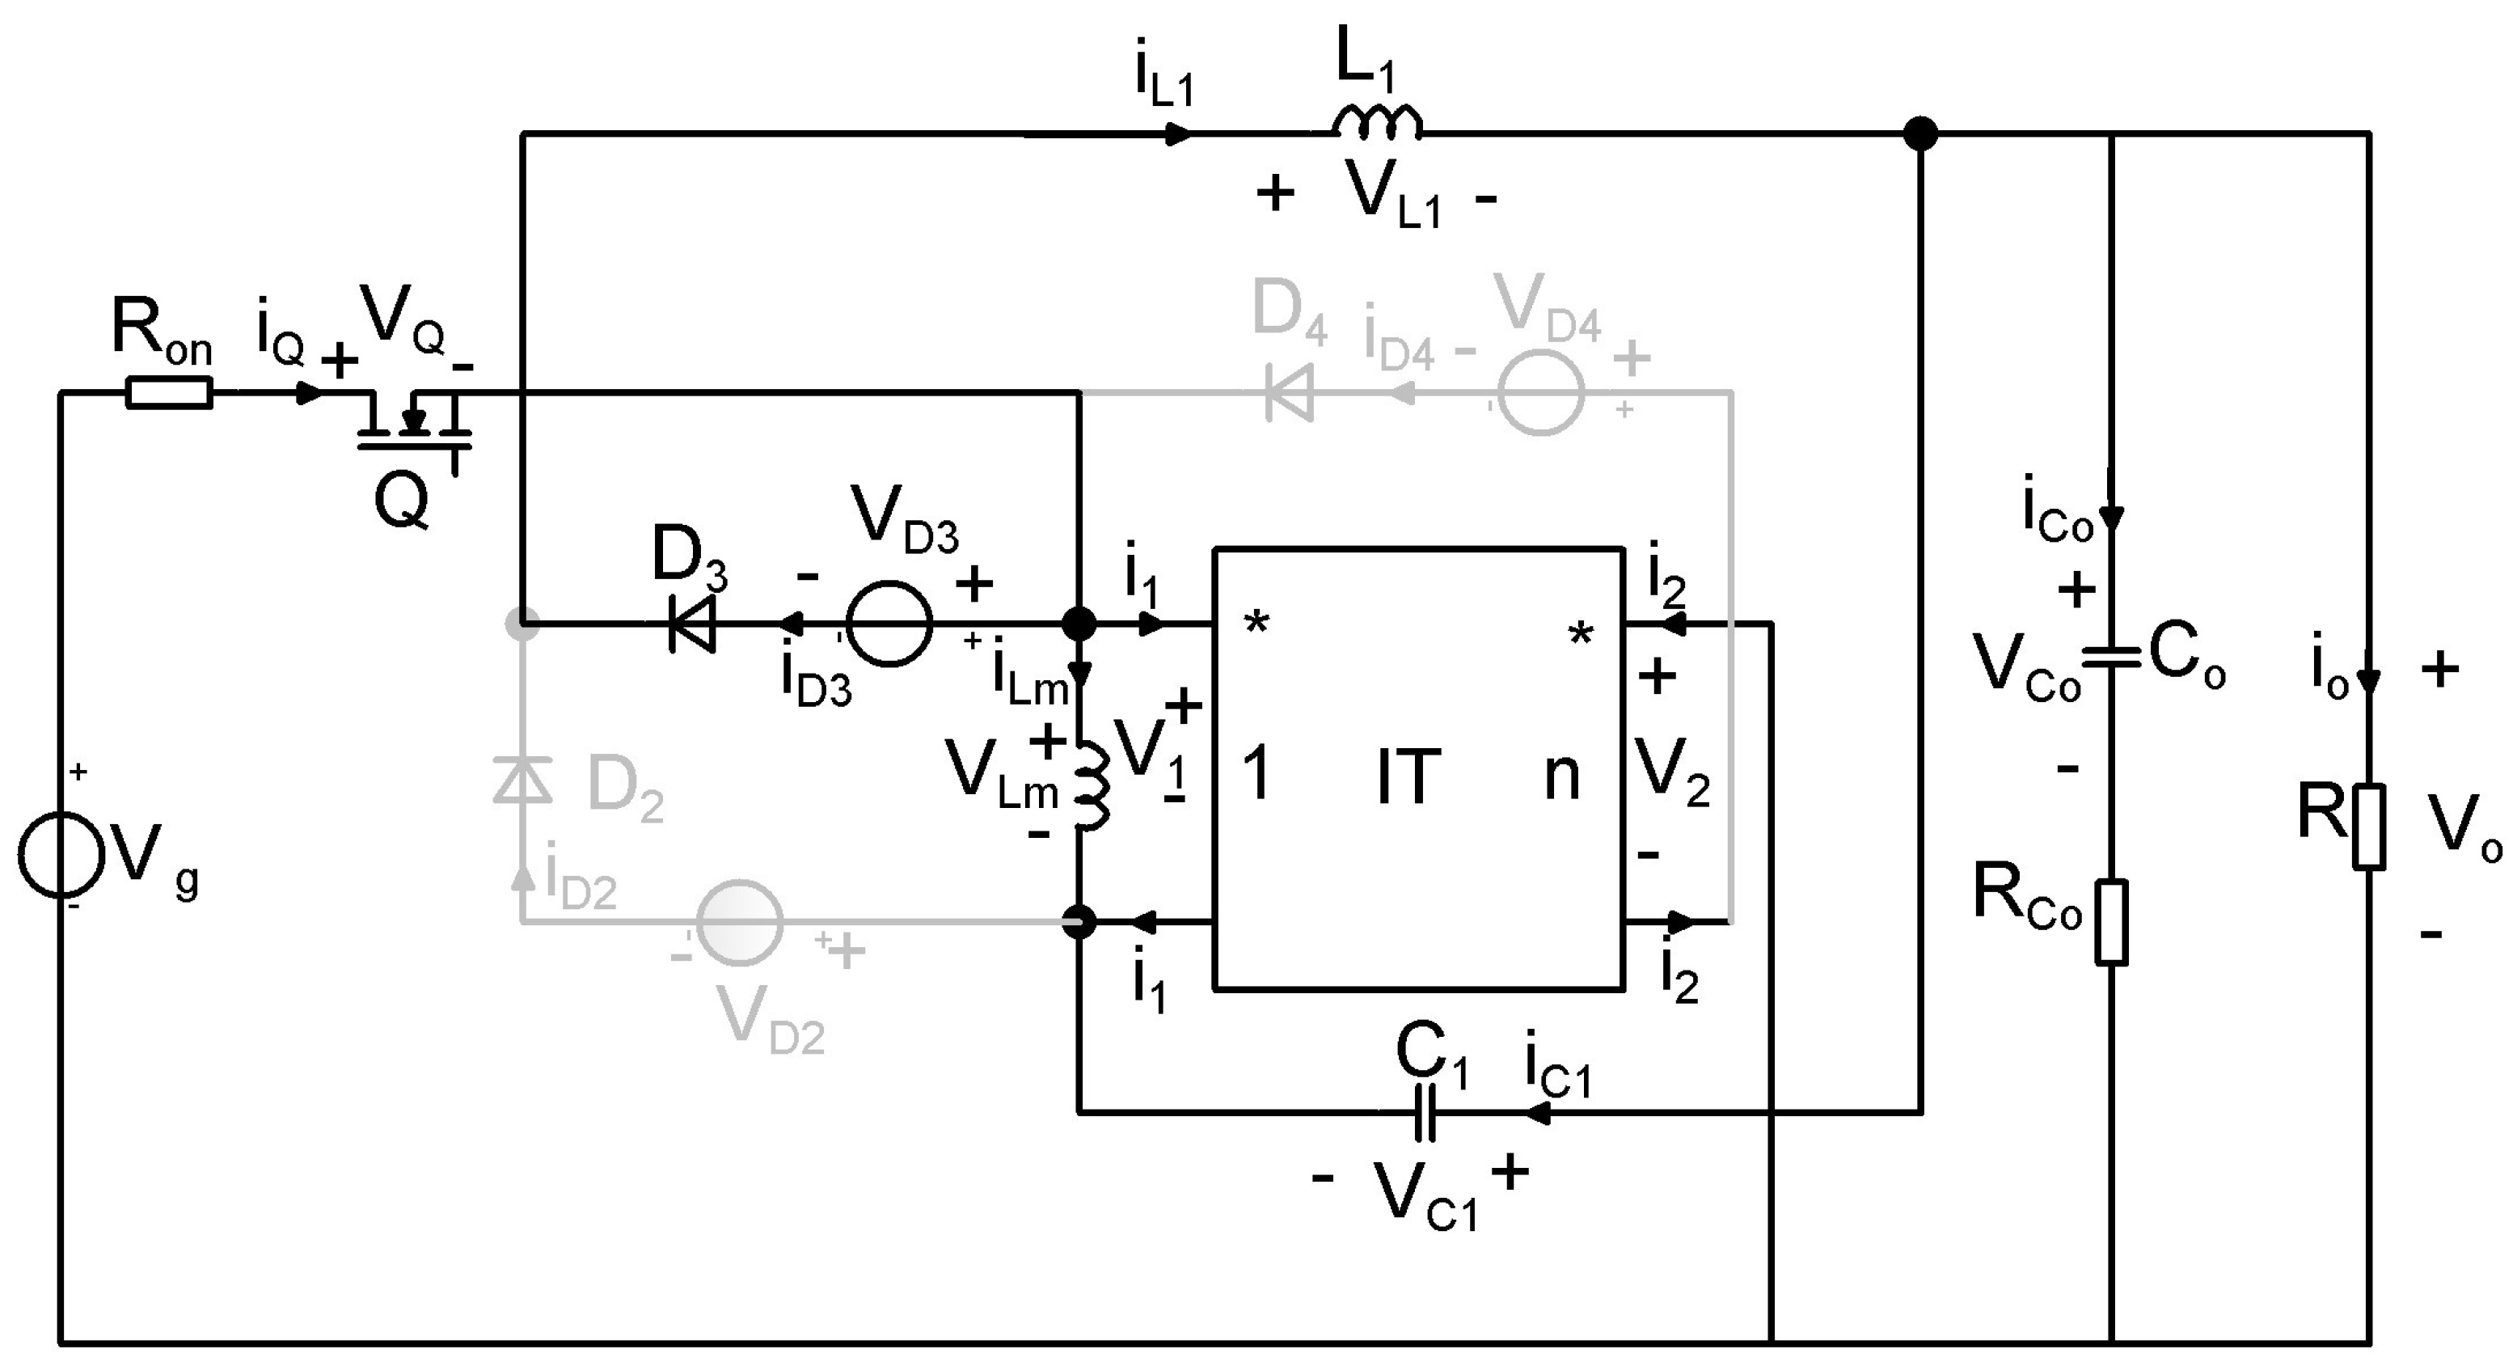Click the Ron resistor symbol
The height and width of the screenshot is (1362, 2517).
pos(168,393)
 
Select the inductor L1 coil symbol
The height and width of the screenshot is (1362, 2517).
pos(1377,121)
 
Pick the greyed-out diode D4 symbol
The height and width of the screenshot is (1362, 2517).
pos(1289,394)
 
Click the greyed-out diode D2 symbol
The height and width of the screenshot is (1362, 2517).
pos(523,780)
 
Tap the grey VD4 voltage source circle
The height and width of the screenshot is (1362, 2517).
pos(1541,394)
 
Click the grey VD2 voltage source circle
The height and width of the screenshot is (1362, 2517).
pos(740,922)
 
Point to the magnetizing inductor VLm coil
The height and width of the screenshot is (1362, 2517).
pos(1092,786)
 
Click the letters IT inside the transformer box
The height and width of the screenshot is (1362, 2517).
pos(1408,776)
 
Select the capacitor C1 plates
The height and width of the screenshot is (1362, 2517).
pos(1425,1112)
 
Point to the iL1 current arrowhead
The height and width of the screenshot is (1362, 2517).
pos(1180,134)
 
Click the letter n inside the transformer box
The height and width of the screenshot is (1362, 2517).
pos(1561,776)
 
